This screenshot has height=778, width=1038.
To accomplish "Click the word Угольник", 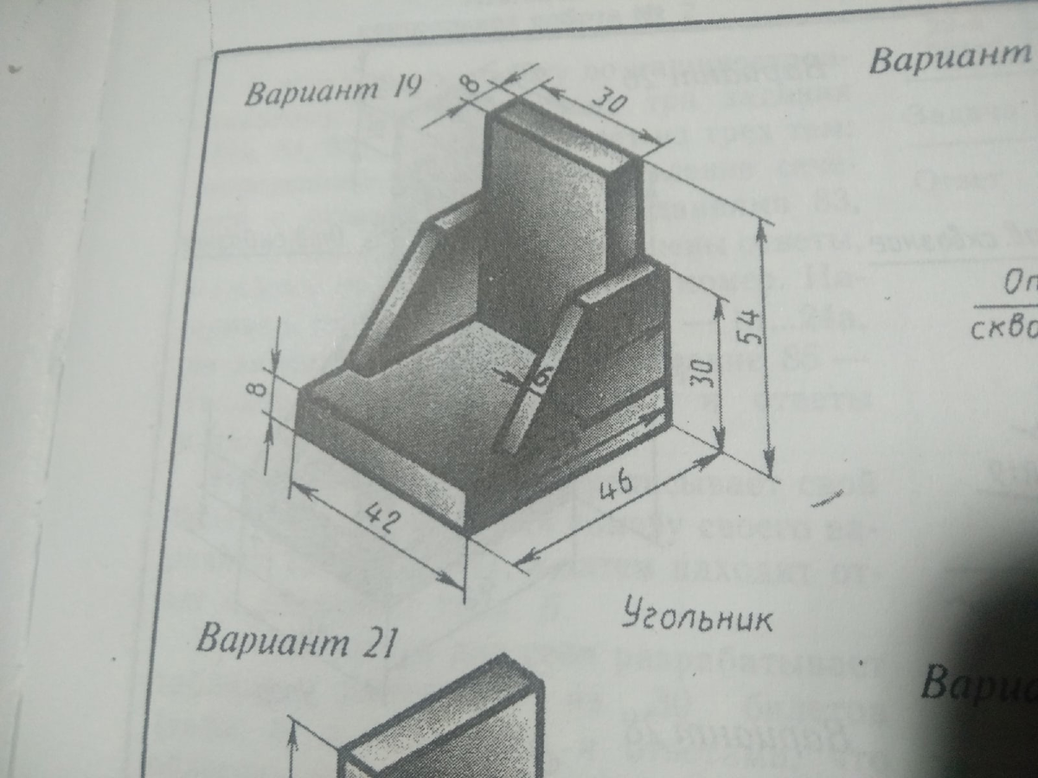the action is tap(695, 617).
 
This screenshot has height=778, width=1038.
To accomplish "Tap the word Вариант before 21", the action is tap(269, 641).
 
